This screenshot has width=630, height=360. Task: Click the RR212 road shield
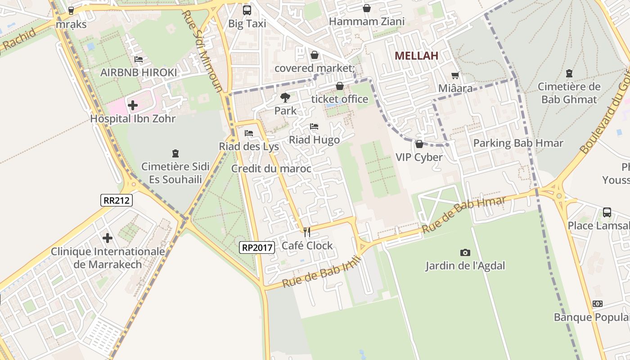click(x=116, y=200)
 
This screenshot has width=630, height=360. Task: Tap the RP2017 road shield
click(x=256, y=247)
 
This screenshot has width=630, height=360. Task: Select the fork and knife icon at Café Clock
click(x=307, y=232)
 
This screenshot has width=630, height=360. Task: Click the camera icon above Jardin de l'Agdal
click(x=465, y=252)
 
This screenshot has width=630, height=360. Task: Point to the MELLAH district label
click(x=416, y=56)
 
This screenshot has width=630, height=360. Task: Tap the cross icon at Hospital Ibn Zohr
click(x=133, y=106)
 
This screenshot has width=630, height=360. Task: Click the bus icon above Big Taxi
click(x=247, y=10)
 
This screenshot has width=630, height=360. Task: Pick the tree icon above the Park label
click(x=285, y=97)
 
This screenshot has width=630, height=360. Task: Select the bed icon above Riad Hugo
click(x=314, y=126)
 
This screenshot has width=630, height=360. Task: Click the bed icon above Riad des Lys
click(x=248, y=133)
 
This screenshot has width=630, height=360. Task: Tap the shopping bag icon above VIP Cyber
click(x=419, y=144)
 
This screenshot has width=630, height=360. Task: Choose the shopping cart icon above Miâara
click(x=455, y=75)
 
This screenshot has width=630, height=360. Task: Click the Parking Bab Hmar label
click(x=518, y=143)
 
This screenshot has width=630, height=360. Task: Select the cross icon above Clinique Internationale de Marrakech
click(x=107, y=238)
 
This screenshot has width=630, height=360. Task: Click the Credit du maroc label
click(x=271, y=169)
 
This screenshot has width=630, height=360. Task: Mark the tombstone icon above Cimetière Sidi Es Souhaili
click(x=175, y=153)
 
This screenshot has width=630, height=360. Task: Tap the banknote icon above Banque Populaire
click(x=598, y=304)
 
